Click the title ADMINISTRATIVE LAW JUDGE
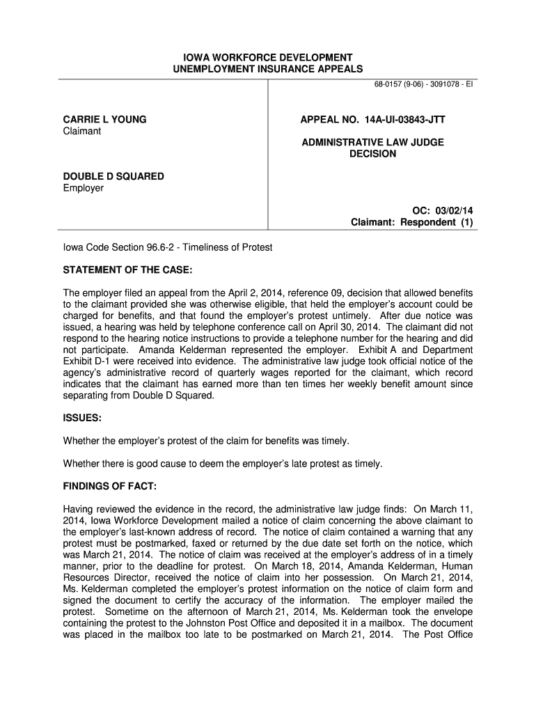372,142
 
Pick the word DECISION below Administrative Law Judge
372,153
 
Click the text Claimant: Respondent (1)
411,222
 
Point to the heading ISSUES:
83,418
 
